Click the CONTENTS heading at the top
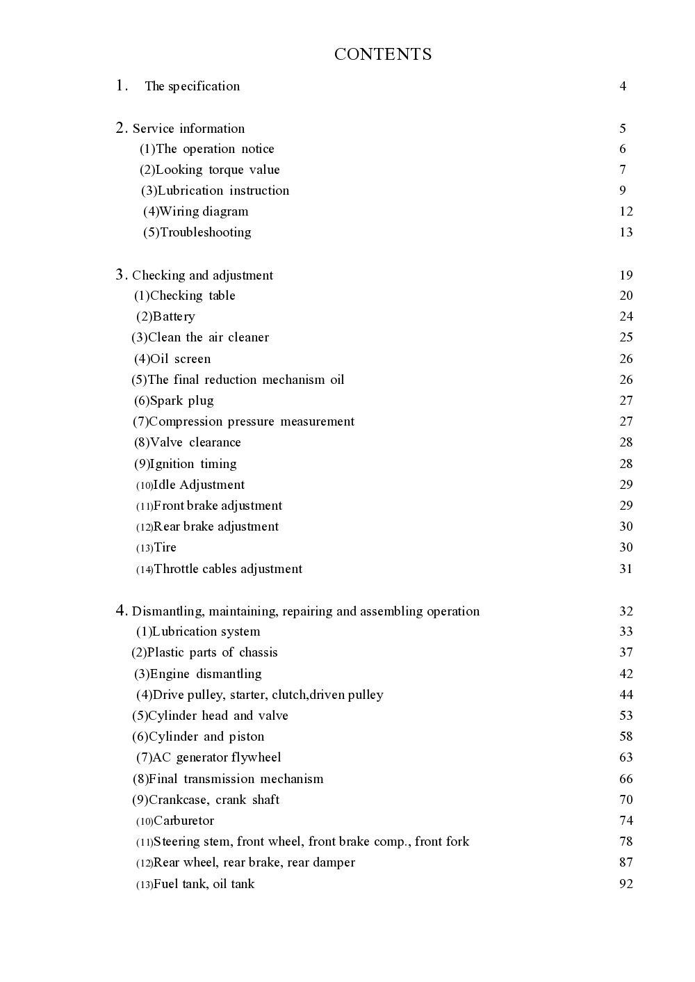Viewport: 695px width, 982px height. (383, 54)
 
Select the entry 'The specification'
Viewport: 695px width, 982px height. (192, 86)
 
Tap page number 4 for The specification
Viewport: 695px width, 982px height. (623, 86)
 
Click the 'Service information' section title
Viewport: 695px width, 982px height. (188, 129)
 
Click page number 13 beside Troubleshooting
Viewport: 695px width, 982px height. (625, 232)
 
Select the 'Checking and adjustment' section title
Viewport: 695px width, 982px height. (202, 275)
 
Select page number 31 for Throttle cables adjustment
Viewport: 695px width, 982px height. (625, 569)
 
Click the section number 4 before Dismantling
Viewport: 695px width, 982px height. (121, 611)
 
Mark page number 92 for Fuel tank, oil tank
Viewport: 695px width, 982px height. (625, 884)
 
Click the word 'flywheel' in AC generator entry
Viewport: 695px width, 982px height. (256, 757)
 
